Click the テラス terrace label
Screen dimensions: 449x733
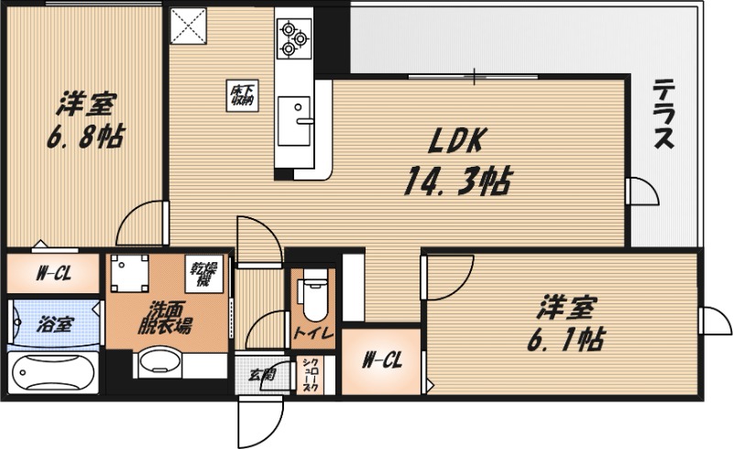[x=664, y=115]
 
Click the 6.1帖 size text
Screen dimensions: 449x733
[x=563, y=339]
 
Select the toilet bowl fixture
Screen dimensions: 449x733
[x=313, y=295]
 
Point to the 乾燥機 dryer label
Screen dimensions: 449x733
[x=203, y=272]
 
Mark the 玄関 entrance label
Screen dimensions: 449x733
[x=259, y=375]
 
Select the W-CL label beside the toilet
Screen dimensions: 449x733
[x=381, y=360]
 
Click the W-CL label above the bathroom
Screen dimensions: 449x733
[x=53, y=273]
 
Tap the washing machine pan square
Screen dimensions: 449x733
[x=129, y=272]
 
